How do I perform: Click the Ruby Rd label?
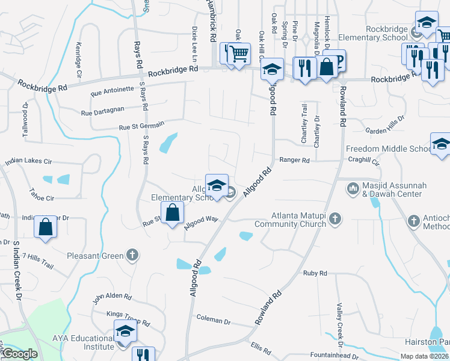[315, 273]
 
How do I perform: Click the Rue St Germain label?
[141, 127]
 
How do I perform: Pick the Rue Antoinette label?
[112, 91]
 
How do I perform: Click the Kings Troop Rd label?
[128, 318]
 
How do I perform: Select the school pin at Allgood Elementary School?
[217, 185]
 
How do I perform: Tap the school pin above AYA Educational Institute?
[125, 331]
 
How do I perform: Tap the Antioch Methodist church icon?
[413, 221]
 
